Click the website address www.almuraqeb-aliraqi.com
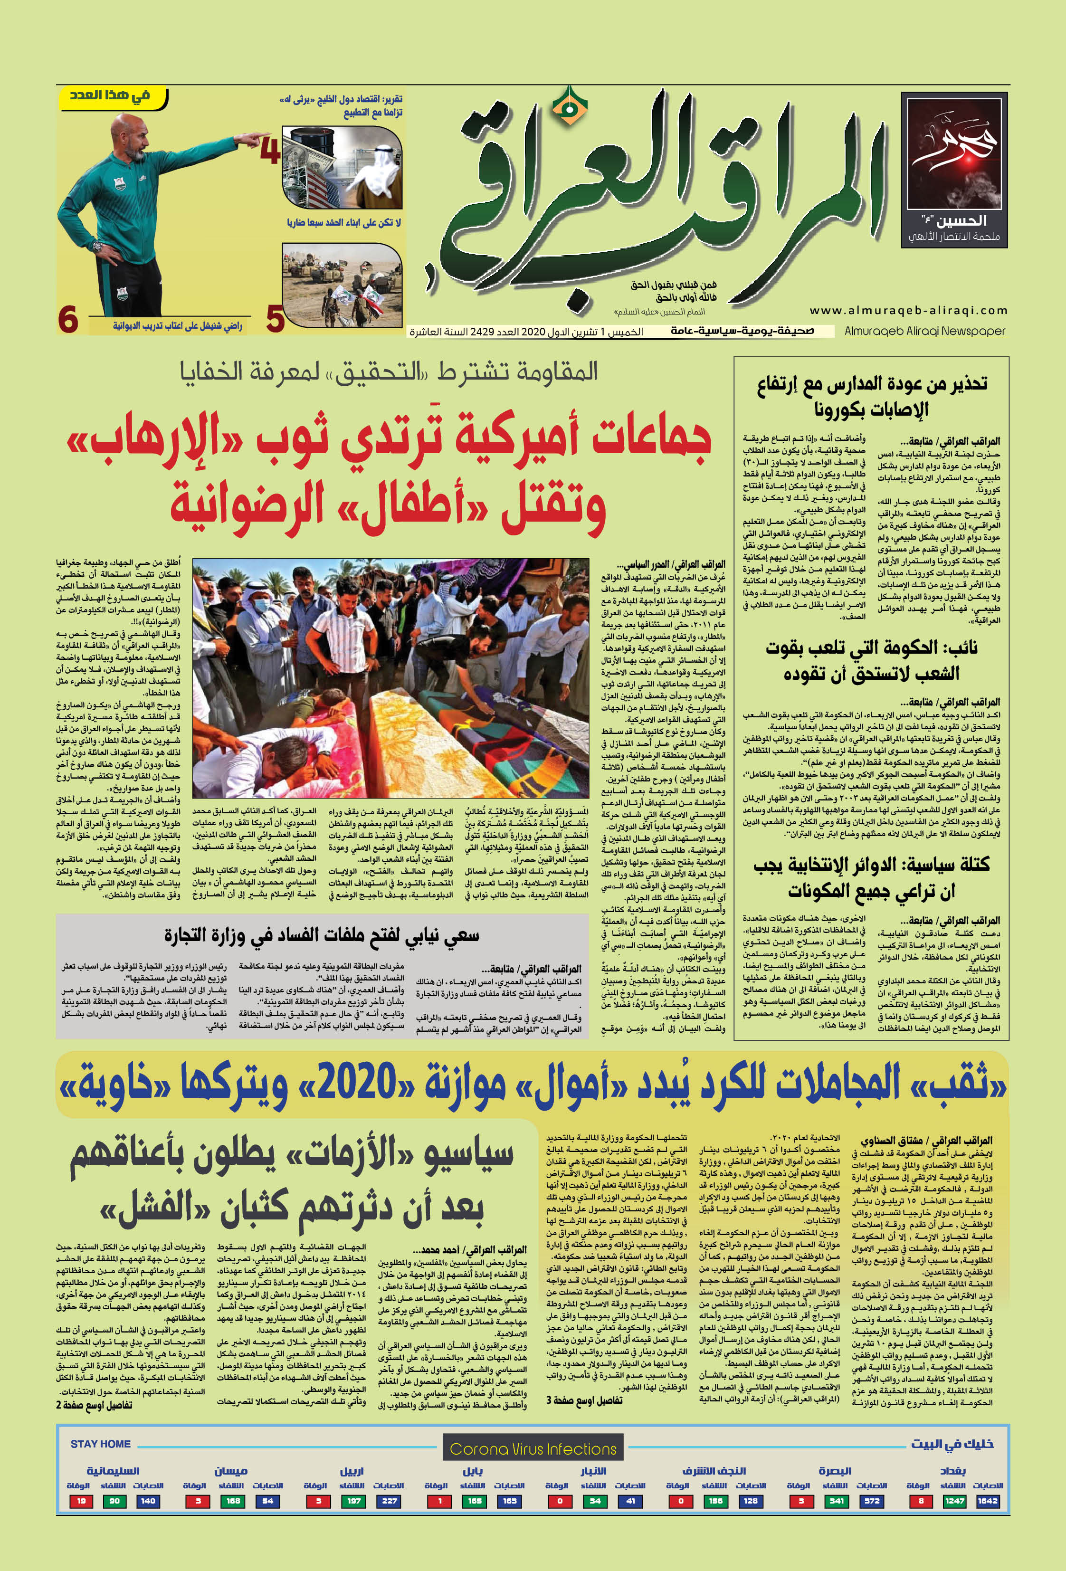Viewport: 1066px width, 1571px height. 908,310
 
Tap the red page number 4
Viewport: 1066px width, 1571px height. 270,152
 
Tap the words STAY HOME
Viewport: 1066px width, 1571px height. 100,1444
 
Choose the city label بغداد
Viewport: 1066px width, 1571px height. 952,1471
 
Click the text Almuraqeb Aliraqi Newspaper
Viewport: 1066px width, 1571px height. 925,331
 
